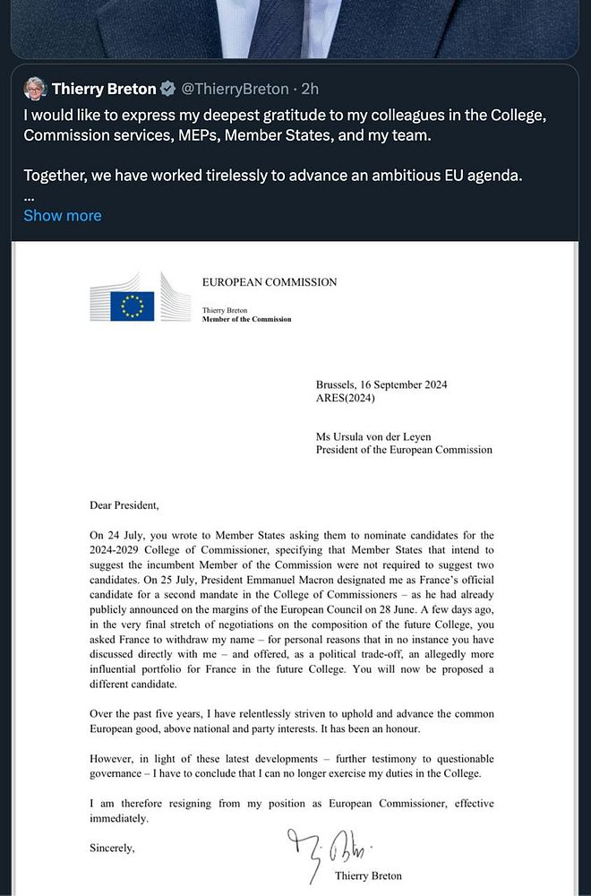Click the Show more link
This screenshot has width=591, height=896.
(x=63, y=215)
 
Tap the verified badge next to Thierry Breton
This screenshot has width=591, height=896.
(x=168, y=89)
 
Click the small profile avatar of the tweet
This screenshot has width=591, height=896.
(x=35, y=89)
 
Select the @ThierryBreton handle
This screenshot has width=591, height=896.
(x=235, y=89)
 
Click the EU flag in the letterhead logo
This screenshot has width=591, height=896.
(x=133, y=306)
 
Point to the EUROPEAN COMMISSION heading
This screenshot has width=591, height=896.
(x=270, y=282)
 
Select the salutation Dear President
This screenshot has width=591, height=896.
(x=124, y=505)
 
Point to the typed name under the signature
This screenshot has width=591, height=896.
(x=368, y=875)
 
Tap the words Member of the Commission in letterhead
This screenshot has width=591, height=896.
(x=246, y=319)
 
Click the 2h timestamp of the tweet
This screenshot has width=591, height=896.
(x=310, y=89)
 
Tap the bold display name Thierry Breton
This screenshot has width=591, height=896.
(x=104, y=89)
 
